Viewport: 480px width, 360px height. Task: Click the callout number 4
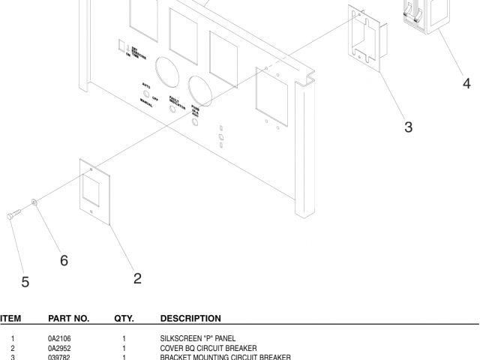[x=466, y=83]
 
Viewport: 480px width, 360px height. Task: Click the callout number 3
[x=408, y=127]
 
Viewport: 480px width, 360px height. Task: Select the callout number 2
[x=137, y=278]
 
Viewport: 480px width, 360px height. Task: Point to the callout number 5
[x=25, y=282]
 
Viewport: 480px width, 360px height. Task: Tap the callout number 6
[x=64, y=260]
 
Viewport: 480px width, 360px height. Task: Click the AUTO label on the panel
[x=145, y=86]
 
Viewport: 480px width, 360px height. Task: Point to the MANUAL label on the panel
[x=145, y=104]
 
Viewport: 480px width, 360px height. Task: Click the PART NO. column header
[x=68, y=319]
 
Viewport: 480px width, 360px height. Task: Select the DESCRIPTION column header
[x=190, y=319]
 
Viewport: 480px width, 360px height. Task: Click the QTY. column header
[x=124, y=319]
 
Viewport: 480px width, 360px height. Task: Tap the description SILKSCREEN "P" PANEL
[x=199, y=339]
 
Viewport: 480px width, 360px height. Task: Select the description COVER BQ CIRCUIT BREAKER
[x=208, y=348]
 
